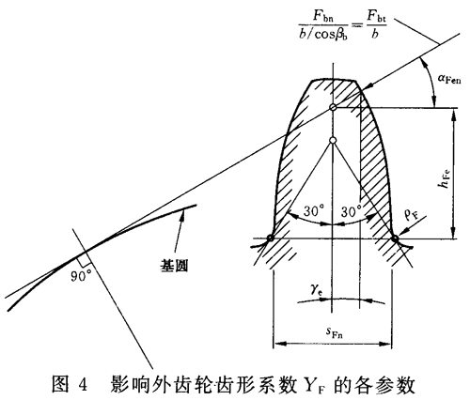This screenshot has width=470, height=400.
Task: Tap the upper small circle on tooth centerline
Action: [334, 110]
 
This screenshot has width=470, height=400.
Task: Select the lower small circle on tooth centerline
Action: [334, 142]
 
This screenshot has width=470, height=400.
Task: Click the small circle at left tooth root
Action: [270, 238]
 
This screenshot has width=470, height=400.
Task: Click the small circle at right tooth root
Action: [395, 238]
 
